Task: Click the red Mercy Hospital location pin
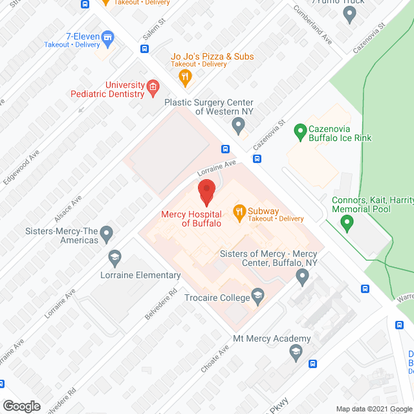[206, 192]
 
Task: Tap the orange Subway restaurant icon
[239, 211]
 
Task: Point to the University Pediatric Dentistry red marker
[153, 88]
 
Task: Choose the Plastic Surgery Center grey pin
[238, 124]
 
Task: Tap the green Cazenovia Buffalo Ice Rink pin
[300, 132]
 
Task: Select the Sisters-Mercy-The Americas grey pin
[107, 232]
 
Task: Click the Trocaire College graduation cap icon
[257, 297]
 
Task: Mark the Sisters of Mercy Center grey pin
[302, 278]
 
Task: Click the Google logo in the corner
[21, 406]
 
